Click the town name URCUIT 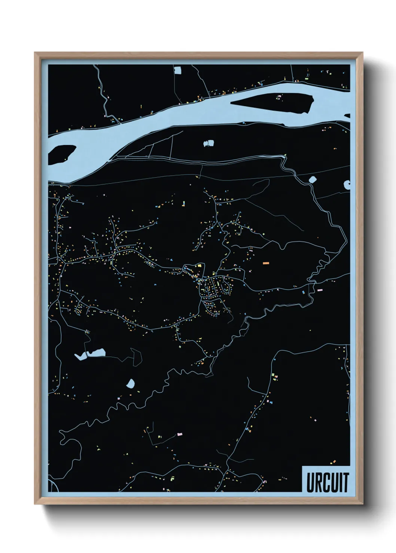pos(327,482)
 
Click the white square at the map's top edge pos(177,70)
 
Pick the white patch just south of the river pos(208,143)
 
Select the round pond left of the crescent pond pos(313,179)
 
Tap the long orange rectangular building pos(266,263)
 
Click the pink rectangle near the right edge pos(319,290)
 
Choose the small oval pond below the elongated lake pos(131,383)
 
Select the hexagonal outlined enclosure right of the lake pos(136,357)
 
